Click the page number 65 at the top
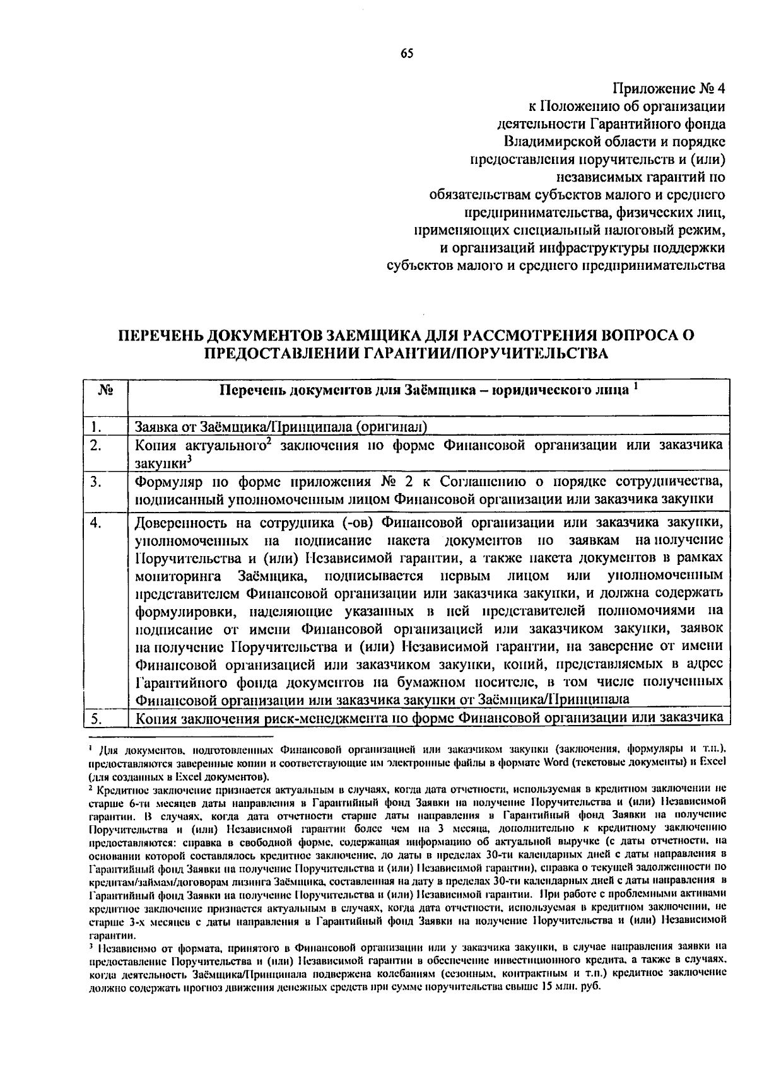click(x=406, y=54)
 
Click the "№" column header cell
click(x=105, y=391)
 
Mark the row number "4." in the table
click(x=96, y=523)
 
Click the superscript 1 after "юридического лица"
click(x=637, y=386)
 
